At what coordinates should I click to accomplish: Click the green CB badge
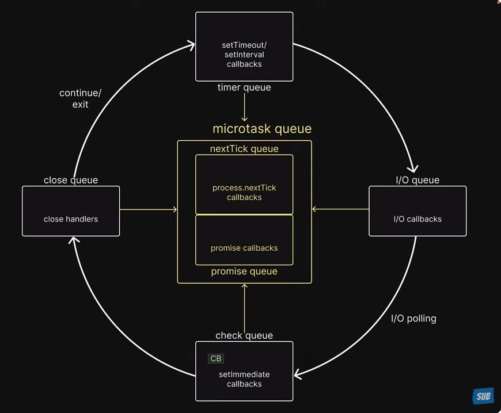tap(215, 358)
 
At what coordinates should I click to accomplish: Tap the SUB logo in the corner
tap(483, 396)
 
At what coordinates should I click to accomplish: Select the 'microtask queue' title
tap(262, 129)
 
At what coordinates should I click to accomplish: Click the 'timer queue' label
tap(244, 88)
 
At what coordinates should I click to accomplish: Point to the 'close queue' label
tap(71, 180)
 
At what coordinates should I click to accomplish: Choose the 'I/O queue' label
tap(418, 180)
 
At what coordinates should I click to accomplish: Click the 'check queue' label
tap(244, 335)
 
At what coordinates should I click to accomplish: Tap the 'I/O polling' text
tap(413, 319)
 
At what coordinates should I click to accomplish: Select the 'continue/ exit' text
tap(81, 98)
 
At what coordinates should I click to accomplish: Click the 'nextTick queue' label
tap(244, 149)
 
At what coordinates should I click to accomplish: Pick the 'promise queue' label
tap(244, 271)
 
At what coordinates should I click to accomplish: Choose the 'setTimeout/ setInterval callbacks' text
tap(244, 54)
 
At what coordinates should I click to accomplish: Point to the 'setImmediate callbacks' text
tap(244, 379)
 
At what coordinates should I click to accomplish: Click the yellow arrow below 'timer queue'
tap(244, 107)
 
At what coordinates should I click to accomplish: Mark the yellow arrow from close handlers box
tap(148, 209)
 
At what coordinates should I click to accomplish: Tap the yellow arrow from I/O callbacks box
tap(340, 209)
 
